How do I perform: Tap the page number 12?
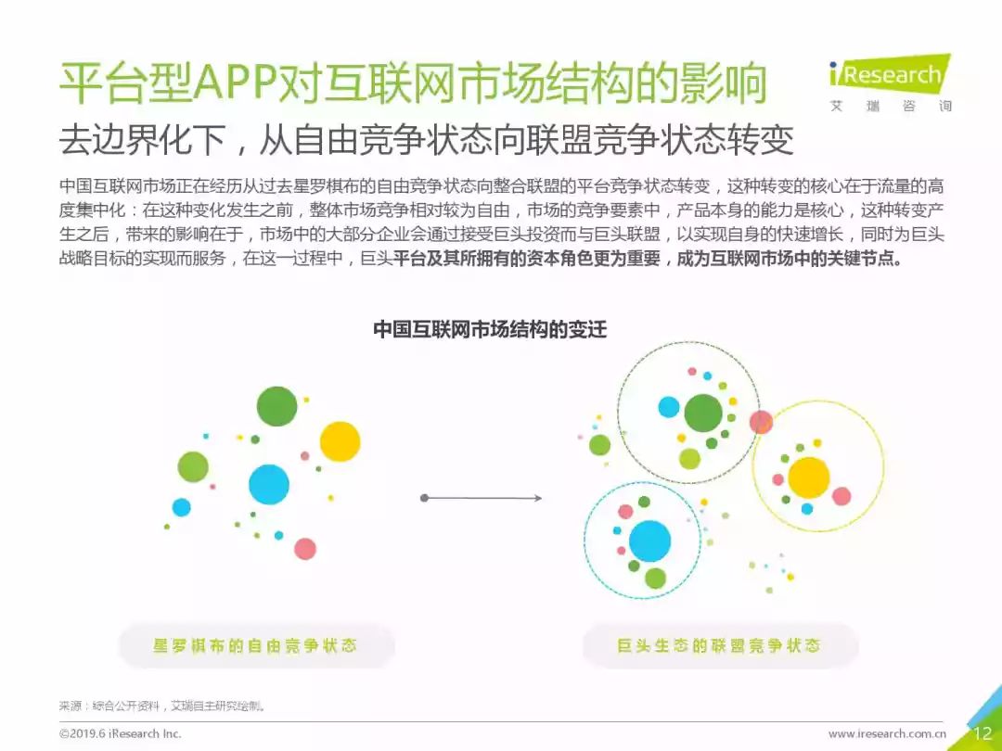[983, 733]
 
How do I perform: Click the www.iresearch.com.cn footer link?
[887, 733]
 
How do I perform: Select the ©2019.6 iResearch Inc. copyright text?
[120, 733]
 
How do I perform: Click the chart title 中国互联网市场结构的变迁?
[490, 329]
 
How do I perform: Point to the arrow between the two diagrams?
[482, 498]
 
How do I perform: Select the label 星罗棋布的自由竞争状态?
[255, 645]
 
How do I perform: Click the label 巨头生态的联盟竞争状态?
[719, 645]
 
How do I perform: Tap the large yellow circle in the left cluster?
[340, 441]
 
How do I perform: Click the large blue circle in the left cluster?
[269, 485]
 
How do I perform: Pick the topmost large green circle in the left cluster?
[276, 406]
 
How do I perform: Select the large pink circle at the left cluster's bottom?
[305, 549]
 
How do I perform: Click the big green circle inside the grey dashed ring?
[703, 414]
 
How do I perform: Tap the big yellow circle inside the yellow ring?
[808, 477]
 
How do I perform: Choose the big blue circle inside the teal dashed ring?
[649, 541]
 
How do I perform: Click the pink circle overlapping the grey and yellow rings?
[761, 422]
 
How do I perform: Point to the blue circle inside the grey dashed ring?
[669, 407]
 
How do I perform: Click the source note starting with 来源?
[162, 706]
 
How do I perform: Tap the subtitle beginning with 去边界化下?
[426, 140]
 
